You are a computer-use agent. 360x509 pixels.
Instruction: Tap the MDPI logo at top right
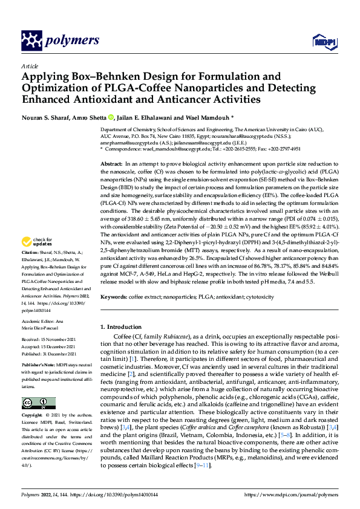[322, 41]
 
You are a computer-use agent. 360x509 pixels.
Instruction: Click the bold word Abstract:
[112, 164]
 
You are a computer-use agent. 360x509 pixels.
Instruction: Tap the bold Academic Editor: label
[39, 322]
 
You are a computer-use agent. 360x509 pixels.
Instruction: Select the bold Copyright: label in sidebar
[33, 416]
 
